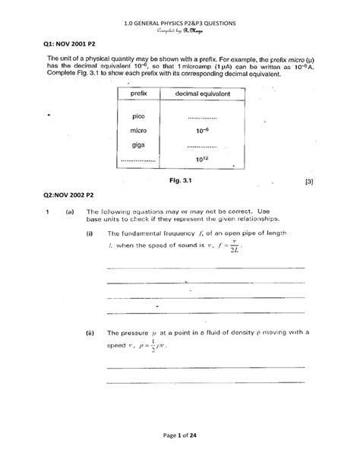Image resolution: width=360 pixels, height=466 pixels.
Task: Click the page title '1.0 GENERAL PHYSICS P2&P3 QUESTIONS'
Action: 179,24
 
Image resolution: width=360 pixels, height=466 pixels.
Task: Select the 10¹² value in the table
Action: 201,159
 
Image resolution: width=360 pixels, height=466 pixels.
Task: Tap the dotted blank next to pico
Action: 201,118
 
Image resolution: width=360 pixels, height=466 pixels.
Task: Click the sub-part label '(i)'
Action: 90,233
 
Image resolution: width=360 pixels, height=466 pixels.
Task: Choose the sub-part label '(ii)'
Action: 90,333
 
